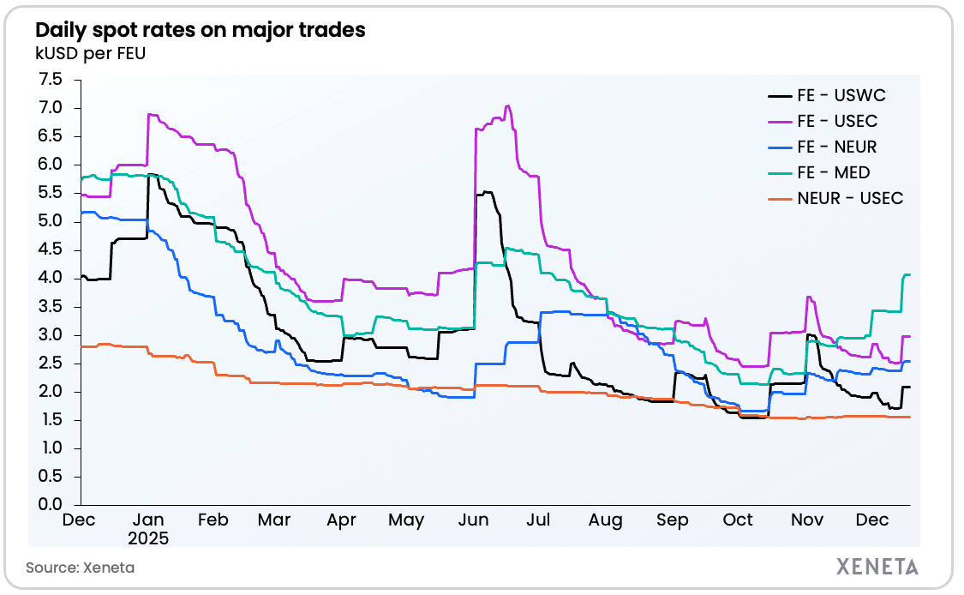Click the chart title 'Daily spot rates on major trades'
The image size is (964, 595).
(200, 30)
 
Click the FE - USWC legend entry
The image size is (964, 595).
(841, 95)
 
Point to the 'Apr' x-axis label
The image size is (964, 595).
(342, 520)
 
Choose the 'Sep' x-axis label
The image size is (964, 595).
(672, 520)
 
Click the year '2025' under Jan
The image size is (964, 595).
(149, 539)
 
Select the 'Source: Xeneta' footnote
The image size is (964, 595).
(80, 568)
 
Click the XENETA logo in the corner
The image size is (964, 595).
(876, 567)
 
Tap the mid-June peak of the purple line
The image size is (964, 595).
(508, 106)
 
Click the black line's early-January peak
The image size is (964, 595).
(151, 174)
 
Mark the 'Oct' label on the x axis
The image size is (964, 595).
(738, 520)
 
